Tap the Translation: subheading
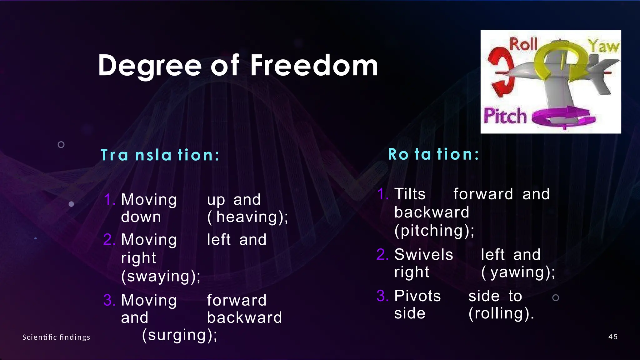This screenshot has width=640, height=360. (x=160, y=155)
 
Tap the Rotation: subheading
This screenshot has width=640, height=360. (x=433, y=154)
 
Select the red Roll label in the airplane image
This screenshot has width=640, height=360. (x=523, y=44)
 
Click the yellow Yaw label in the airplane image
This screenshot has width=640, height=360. (x=604, y=46)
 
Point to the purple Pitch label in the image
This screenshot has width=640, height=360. (x=505, y=116)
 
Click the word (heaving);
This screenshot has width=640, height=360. (x=247, y=217)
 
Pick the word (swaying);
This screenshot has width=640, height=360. (x=161, y=276)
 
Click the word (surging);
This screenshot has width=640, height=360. (x=179, y=335)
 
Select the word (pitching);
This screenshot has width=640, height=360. (x=434, y=231)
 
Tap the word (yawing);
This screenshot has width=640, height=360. (x=518, y=272)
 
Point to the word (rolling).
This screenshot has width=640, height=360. (x=501, y=313)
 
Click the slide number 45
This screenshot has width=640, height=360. (x=613, y=337)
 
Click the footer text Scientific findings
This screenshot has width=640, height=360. (x=56, y=337)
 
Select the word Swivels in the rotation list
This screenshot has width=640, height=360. (x=423, y=255)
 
